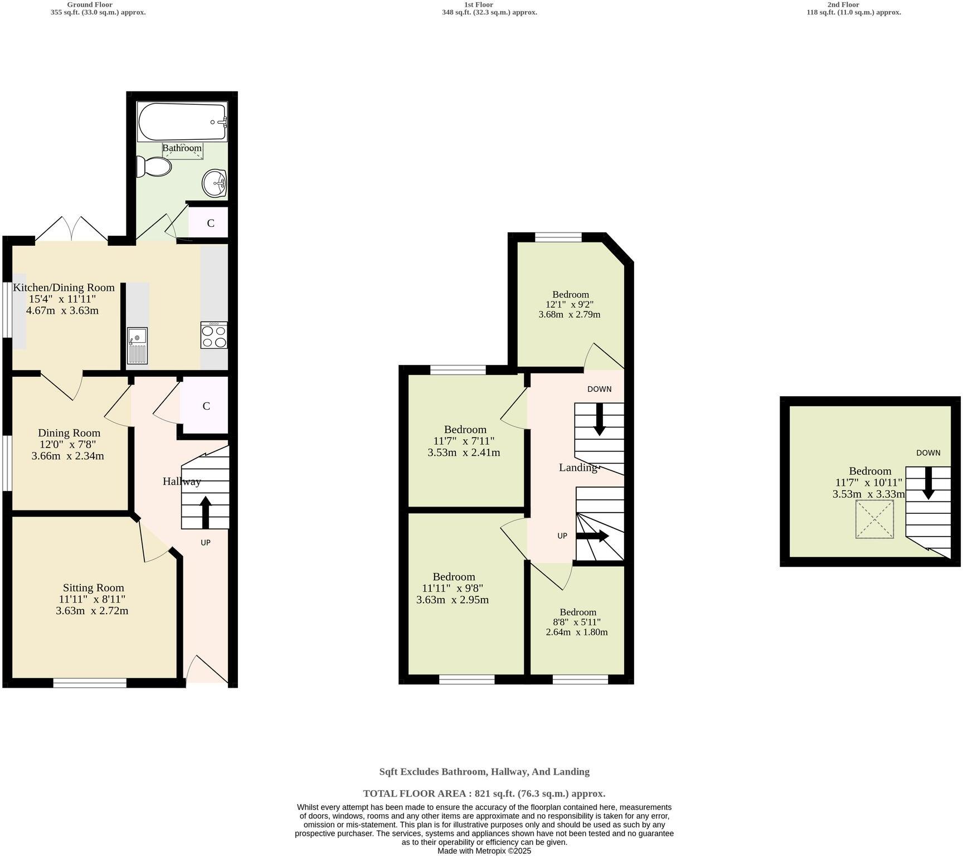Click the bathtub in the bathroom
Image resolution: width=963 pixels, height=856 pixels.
coord(182,121)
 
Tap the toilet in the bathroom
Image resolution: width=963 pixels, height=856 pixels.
coord(154,167)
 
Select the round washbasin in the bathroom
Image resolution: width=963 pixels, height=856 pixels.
coord(215,183)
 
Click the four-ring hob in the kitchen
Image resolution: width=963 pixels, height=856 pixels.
coord(214,335)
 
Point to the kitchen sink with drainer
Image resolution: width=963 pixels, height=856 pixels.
coord(137,346)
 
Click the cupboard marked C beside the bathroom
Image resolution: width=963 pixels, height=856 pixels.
coord(210,223)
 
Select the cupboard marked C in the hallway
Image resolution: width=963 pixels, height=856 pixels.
coord(206,406)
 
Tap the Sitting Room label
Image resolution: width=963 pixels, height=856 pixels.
coord(93,587)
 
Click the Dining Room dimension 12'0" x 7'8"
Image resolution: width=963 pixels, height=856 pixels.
coord(68,444)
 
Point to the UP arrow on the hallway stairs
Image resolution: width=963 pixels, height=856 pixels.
coord(205,512)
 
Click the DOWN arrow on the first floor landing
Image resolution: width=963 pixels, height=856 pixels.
coord(600,418)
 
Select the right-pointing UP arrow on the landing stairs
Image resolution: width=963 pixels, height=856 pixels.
coord(592,536)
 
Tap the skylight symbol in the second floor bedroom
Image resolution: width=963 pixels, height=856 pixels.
coord(874,519)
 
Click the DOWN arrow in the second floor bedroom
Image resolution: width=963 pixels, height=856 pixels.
coord(928,482)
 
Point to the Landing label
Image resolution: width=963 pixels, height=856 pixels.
coord(578,468)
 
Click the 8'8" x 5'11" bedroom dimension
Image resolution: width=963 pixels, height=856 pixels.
coord(577,622)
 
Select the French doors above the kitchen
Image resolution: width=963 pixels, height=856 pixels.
coord(71,230)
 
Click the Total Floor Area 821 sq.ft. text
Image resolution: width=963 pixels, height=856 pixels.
coord(484,794)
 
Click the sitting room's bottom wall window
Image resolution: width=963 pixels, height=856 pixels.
coord(90,683)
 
